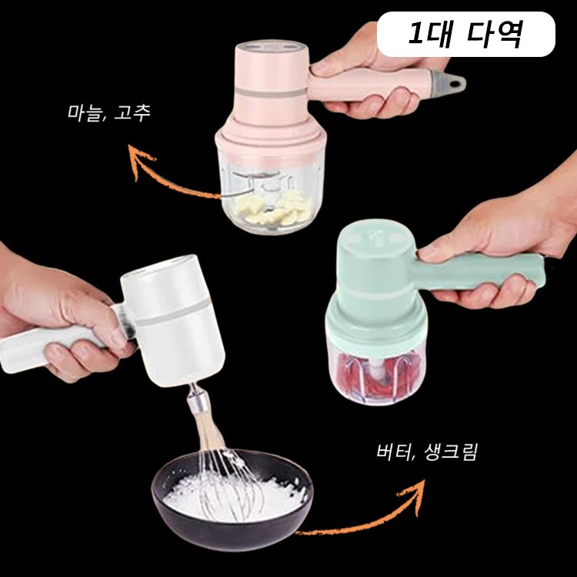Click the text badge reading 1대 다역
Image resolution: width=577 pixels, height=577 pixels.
[467, 35]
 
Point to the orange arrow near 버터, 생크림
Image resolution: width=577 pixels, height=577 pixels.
[369, 515]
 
